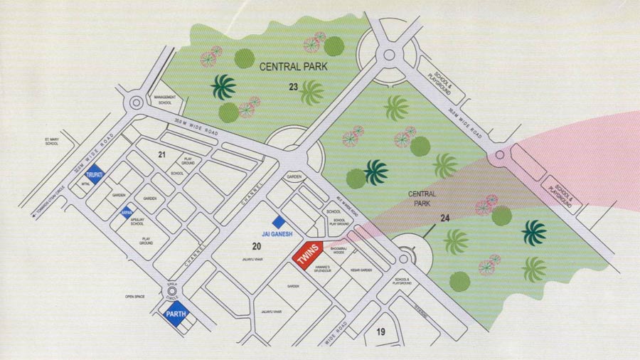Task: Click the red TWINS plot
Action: coord(308,255)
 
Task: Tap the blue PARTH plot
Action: coord(175,314)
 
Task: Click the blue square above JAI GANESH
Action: coord(279,222)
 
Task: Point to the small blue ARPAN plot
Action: coord(125,212)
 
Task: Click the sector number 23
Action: coord(293,87)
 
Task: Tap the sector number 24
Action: coord(446,218)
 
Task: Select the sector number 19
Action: coord(380,332)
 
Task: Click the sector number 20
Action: coord(255,245)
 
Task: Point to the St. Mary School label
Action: coord(51,142)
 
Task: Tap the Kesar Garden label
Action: coord(362,270)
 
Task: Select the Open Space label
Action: coord(135,296)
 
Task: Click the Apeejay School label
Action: coord(137,222)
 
